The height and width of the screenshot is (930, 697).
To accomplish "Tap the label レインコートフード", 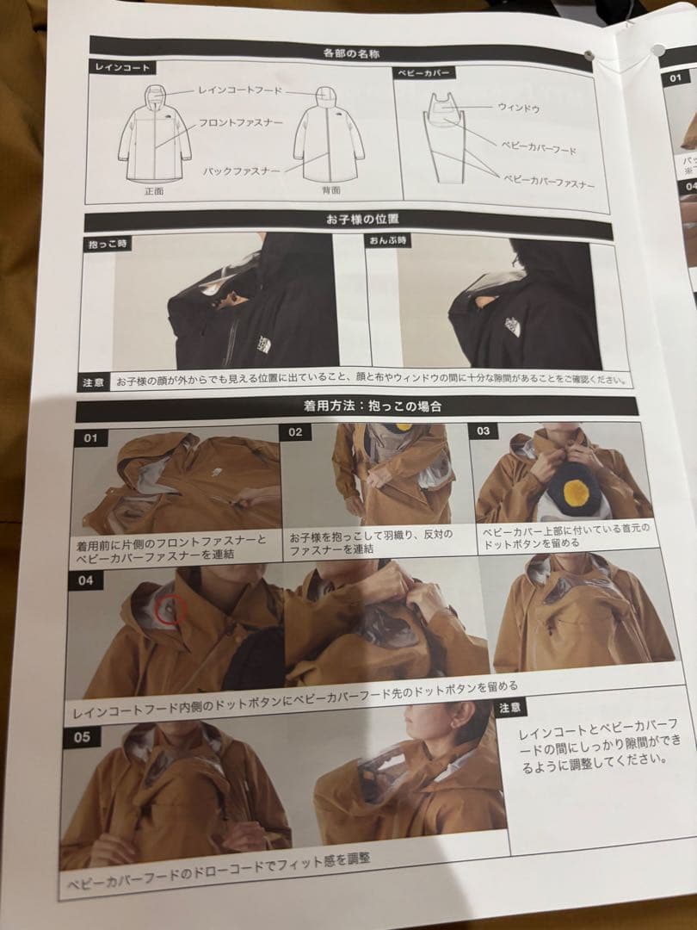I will (239, 90).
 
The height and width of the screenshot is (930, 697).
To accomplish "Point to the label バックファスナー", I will (241, 171).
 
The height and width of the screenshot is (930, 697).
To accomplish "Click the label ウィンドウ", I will (519, 108).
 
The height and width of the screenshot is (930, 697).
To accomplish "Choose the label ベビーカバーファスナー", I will (548, 182).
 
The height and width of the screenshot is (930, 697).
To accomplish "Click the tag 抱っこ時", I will (108, 244).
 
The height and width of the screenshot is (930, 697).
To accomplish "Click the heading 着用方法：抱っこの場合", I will (357, 404).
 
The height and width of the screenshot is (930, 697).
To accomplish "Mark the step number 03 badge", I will (484, 431).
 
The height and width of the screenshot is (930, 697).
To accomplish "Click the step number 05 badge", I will (83, 737).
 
